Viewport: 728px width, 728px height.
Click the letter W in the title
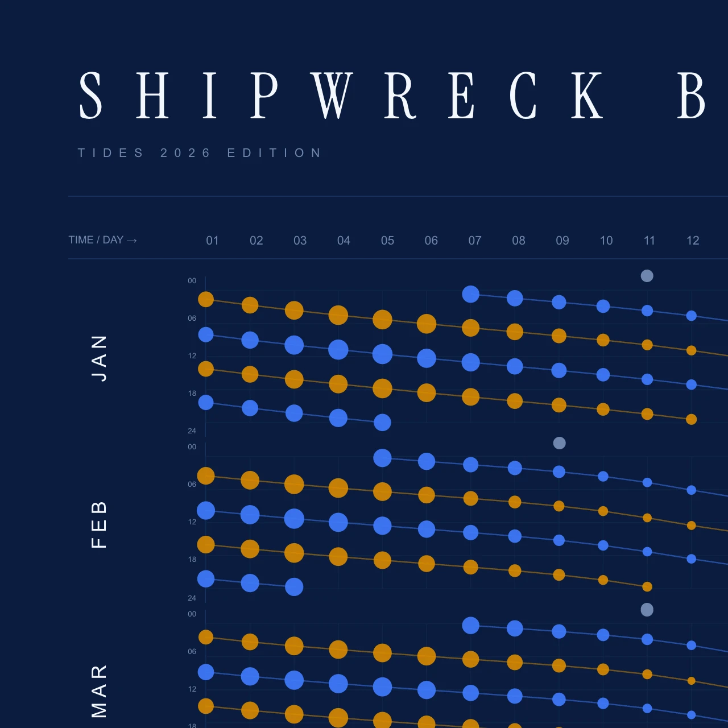pyautogui.click(x=332, y=95)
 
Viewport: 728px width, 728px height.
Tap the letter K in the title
pyautogui.click(x=587, y=95)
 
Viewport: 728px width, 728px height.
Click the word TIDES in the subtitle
pyautogui.click(x=110, y=152)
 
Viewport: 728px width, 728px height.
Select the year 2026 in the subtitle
pyautogui.click(x=185, y=152)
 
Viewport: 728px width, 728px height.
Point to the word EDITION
pyautogui.click(x=274, y=152)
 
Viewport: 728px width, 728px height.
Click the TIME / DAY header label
pyautogui.click(x=102, y=240)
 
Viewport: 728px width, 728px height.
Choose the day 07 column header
pyautogui.click(x=475, y=240)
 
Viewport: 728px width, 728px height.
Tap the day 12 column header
pyautogui.click(x=693, y=240)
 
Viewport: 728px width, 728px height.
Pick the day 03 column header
pyautogui.click(x=300, y=240)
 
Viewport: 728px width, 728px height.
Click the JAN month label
pyautogui.click(x=99, y=358)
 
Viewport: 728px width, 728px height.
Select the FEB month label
pyautogui.click(x=99, y=525)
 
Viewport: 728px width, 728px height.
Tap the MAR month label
pyautogui.click(x=99, y=691)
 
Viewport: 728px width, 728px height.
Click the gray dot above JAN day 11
pyautogui.click(x=647, y=276)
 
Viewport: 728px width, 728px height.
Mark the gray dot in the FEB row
pyautogui.click(x=559, y=442)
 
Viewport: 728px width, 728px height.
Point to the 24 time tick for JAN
pyautogui.click(x=192, y=431)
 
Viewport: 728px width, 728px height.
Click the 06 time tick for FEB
pyautogui.click(x=192, y=484)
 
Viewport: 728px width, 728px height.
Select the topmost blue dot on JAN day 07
pyautogui.click(x=471, y=294)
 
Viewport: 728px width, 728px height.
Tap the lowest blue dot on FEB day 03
pyautogui.click(x=294, y=587)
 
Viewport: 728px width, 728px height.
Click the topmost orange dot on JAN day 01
pyautogui.click(x=206, y=300)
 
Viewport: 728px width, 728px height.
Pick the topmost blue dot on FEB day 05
pyautogui.click(x=382, y=458)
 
